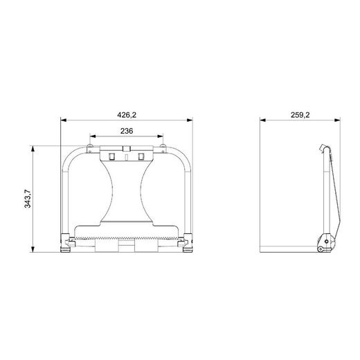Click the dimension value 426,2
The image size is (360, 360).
coord(127,115)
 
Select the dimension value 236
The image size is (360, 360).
coord(127,131)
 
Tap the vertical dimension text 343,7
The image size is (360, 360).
coord(28,199)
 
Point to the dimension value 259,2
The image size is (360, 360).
coord(300,115)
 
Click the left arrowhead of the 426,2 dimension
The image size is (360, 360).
coord(64,120)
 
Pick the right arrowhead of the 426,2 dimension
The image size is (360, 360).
coord(190,120)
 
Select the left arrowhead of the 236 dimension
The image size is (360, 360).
coord(93,136)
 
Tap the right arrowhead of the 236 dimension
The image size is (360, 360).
coord(160,136)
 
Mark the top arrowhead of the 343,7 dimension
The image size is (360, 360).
coord(33,148)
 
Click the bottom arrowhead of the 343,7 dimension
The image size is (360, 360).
coord(33,249)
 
